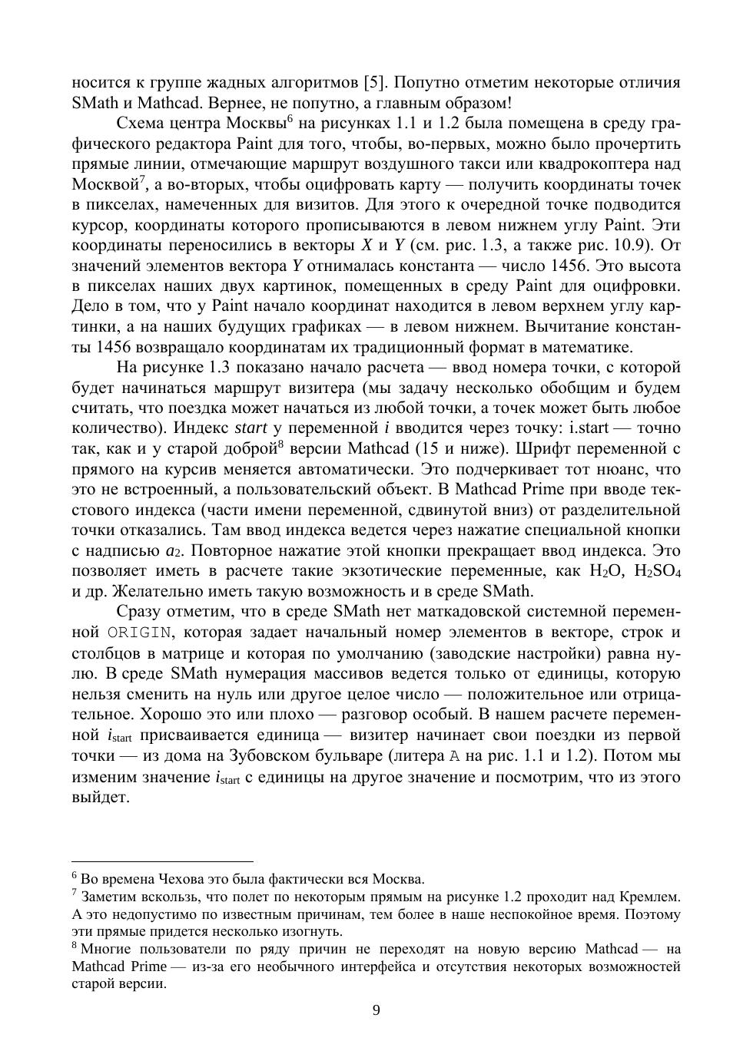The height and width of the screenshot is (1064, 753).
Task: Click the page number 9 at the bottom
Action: pos(376,1009)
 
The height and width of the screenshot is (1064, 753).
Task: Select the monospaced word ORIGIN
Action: pos(139,633)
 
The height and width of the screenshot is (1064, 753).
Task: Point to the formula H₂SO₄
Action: pos(656,571)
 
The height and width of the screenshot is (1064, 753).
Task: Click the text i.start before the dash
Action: pos(589,428)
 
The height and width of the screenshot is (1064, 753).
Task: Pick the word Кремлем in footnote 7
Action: pos(652,897)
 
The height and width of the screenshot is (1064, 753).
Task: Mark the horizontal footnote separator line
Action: pos(162,861)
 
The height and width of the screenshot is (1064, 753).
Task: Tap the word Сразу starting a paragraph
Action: pos(140,612)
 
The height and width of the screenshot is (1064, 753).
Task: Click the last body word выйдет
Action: pos(100,797)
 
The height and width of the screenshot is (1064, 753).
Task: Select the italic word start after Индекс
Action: pos(250,428)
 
